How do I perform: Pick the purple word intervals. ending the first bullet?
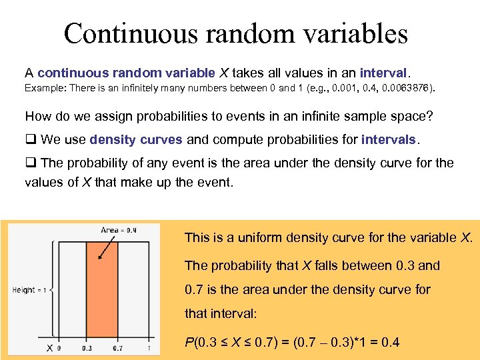(x=389, y=139)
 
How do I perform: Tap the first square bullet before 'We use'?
(x=30, y=139)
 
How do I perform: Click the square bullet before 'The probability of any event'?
(x=30, y=163)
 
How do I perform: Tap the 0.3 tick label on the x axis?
(x=87, y=348)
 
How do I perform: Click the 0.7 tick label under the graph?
(x=117, y=348)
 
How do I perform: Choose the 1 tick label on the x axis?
(x=149, y=348)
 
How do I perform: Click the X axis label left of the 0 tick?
(x=49, y=348)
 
